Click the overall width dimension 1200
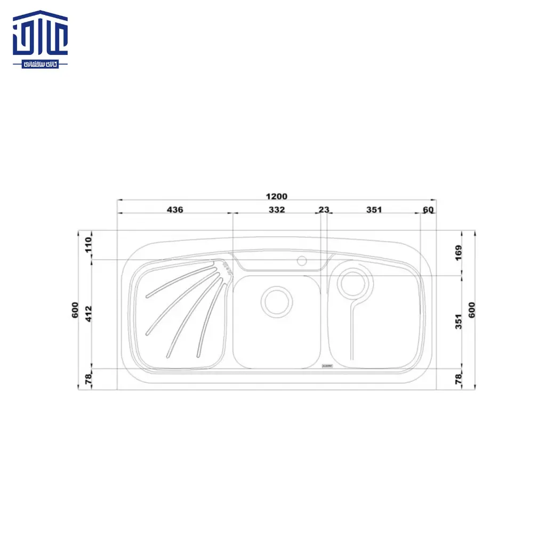277,196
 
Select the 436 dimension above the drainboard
175,210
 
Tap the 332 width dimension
277,210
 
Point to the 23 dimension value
324,210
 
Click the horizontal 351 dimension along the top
374,210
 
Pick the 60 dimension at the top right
428,210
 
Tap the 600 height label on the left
75,310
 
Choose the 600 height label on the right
471,310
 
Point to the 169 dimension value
459,252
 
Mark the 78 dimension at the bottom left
89,379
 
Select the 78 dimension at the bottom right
459,379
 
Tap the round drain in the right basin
352,283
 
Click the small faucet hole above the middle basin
302,261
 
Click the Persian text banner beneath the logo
41,63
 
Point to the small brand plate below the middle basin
327,367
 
